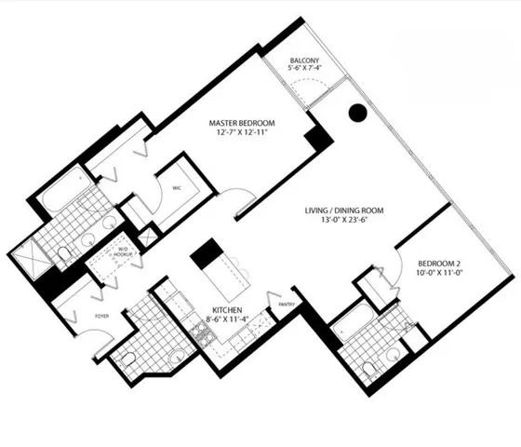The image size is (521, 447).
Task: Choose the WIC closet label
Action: [176, 187]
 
